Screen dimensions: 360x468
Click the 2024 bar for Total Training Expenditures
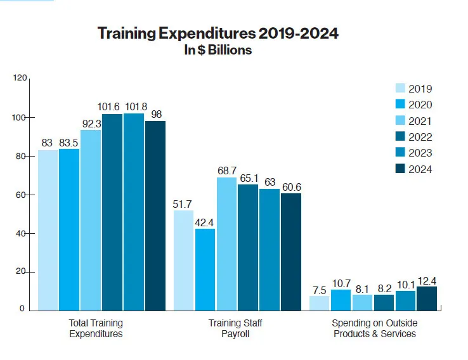155,215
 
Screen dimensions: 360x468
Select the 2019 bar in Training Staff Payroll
183,260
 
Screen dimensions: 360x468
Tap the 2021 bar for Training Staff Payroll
226,244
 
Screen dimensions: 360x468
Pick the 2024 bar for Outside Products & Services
427,299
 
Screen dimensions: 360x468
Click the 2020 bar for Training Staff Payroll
205,269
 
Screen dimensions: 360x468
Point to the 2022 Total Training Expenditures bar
112,212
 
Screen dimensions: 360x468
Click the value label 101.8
134,106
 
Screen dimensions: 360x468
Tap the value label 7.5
319,290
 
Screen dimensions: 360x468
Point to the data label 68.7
226,171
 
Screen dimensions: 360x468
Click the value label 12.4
427,280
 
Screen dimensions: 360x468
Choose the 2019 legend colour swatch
400,89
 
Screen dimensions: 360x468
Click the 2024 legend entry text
420,169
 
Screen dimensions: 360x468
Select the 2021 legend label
420,121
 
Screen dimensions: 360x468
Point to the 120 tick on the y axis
21,78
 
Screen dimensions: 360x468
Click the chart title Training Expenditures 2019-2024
218,34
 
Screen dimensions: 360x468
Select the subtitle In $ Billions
218,50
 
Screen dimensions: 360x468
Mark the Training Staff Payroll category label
235,328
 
